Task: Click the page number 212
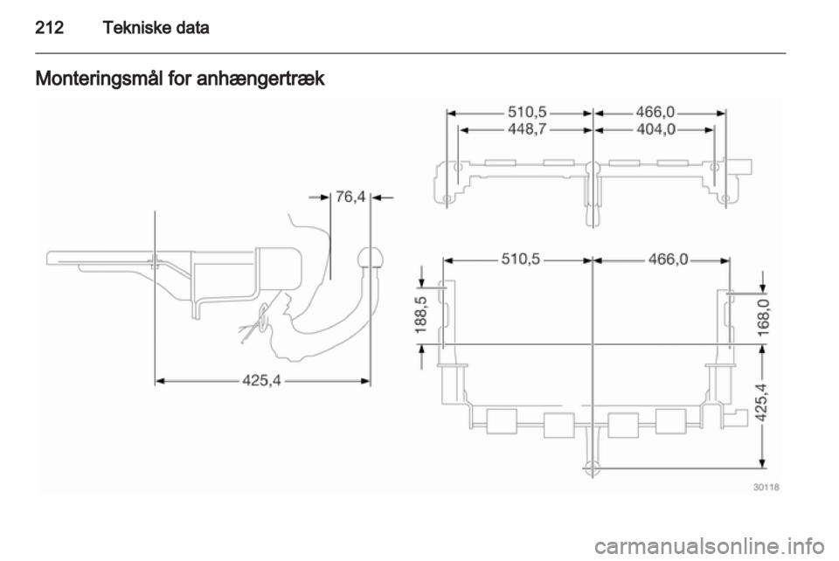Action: point(49,27)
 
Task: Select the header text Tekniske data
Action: point(156,27)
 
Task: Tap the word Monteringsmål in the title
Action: point(99,80)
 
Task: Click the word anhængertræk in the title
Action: point(260,79)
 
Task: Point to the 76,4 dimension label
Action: point(350,197)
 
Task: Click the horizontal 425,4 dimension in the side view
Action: point(261,380)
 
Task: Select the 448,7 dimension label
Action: point(527,128)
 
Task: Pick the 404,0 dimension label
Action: point(656,128)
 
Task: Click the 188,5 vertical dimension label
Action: point(421,315)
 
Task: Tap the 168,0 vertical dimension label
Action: point(764,317)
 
